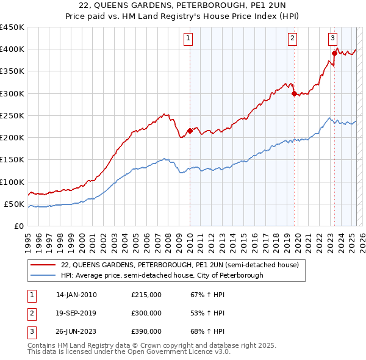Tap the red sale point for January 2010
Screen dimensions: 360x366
pyautogui.click(x=190, y=131)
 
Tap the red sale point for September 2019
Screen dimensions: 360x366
pyautogui.click(x=294, y=93)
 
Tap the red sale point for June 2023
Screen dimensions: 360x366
pyautogui.click(x=334, y=54)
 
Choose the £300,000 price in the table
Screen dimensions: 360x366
pyautogui.click(x=146, y=313)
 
